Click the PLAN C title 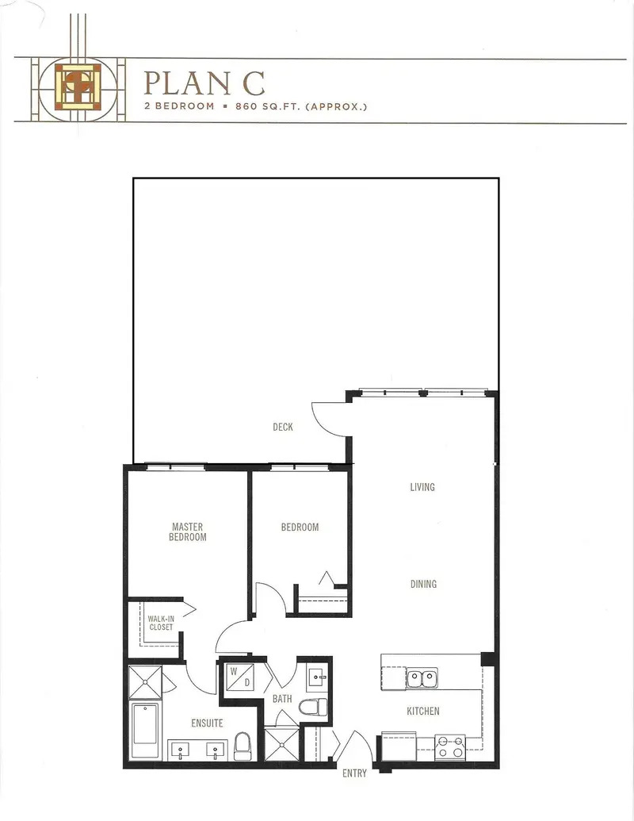(x=204, y=82)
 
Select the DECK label (x=283, y=427)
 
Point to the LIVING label (x=422, y=487)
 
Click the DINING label (x=423, y=585)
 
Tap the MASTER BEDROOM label (x=188, y=531)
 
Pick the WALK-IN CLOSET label (x=161, y=622)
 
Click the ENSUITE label (x=207, y=723)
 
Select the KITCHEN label (x=423, y=711)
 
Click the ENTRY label (x=354, y=773)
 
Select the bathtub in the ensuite (x=144, y=731)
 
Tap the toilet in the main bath (x=318, y=705)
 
